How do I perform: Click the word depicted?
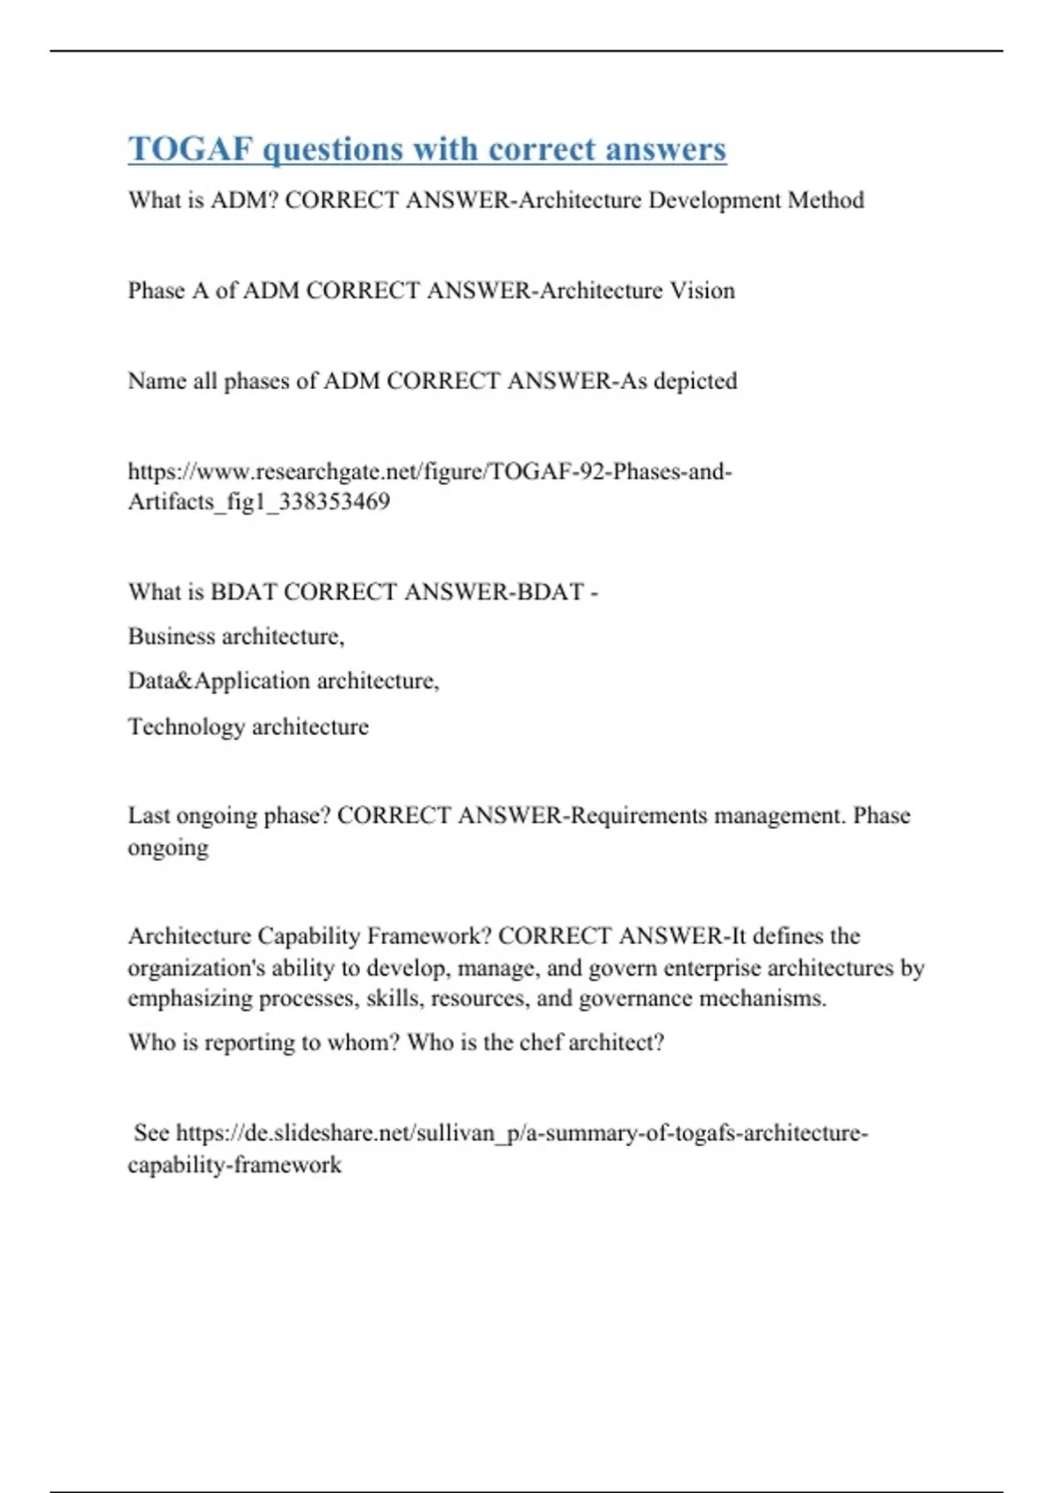[696, 381]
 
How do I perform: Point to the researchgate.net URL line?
[430, 472]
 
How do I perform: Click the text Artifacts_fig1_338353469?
[259, 501]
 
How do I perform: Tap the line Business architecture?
[236, 636]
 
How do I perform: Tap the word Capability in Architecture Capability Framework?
[308, 936]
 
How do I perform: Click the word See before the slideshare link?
[151, 1133]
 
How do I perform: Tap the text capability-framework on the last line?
[235, 1165]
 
